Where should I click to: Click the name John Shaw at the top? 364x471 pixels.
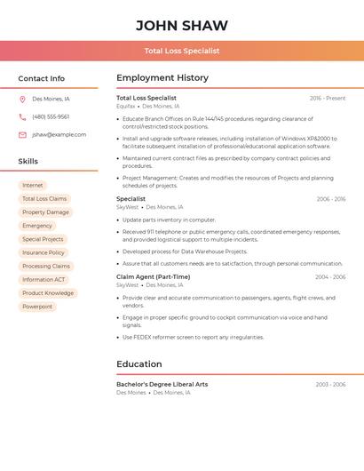[x=182, y=26]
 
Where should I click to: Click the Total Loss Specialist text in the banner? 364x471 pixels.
[x=182, y=51]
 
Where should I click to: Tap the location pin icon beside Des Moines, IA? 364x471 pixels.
[x=22, y=99]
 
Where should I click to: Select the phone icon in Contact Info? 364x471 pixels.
[x=22, y=116]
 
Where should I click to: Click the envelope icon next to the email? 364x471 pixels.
[x=22, y=135]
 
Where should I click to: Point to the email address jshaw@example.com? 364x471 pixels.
[x=59, y=135]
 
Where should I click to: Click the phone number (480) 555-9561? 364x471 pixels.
[x=51, y=116]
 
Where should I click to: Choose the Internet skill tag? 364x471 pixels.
[x=33, y=186]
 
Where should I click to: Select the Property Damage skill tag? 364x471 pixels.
[x=45, y=212]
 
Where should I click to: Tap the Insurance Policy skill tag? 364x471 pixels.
[x=44, y=252]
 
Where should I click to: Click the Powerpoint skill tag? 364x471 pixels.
[x=37, y=307]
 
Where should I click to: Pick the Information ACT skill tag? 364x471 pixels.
[x=44, y=280]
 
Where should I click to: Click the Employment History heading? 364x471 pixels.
[x=162, y=78]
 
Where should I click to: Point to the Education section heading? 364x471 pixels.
[x=139, y=363]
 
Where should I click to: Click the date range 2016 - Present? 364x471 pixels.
[x=328, y=98]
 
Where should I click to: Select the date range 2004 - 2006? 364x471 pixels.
[x=330, y=276]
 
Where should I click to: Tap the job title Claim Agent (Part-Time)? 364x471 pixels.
[x=153, y=276]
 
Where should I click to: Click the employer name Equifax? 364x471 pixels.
[x=126, y=106]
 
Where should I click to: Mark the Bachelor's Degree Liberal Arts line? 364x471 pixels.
[x=162, y=384]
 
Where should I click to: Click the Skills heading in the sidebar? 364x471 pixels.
[x=28, y=162]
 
